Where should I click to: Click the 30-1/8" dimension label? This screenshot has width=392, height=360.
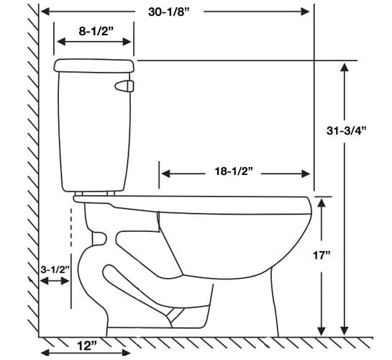click(x=169, y=12)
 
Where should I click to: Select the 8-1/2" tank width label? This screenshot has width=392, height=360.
click(x=96, y=31)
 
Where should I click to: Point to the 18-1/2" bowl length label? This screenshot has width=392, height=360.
click(x=234, y=171)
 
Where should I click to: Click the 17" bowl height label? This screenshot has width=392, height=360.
click(x=322, y=256)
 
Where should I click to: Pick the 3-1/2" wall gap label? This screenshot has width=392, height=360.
click(x=55, y=270)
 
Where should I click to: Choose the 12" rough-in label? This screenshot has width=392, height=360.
click(x=87, y=346)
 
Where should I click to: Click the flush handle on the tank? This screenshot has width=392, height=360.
click(x=124, y=86)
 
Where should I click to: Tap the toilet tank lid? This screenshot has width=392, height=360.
click(x=94, y=66)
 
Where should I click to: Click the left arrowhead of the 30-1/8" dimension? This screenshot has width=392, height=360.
click(x=45, y=12)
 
